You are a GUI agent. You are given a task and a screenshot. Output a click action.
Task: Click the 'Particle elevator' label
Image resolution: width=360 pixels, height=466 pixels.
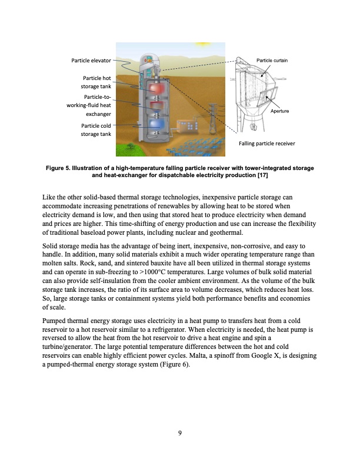tap(91, 60)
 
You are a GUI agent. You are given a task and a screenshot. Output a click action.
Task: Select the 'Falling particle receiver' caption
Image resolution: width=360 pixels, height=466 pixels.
tap(267, 143)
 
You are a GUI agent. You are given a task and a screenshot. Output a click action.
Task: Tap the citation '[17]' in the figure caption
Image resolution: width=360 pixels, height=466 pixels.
tap(264, 175)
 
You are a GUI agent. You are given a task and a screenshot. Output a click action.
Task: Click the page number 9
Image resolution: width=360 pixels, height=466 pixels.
tap(180, 434)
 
